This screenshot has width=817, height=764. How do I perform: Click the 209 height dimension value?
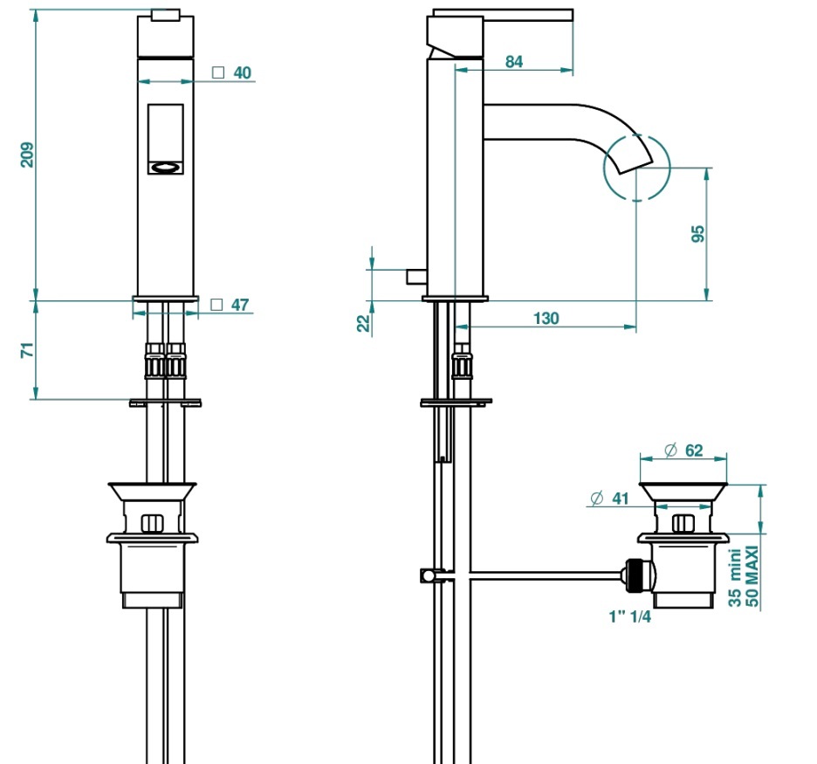click(27, 155)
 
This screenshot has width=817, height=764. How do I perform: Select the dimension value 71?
click(27, 350)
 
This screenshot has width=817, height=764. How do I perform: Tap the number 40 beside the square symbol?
click(243, 73)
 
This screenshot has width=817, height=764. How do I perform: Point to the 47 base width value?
click(240, 305)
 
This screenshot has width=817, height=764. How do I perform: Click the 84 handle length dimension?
click(514, 62)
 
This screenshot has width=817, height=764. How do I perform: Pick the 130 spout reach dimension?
click(546, 319)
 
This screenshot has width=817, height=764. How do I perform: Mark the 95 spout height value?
click(697, 233)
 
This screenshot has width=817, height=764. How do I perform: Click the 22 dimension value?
click(364, 324)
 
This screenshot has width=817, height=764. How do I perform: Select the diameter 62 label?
click(684, 451)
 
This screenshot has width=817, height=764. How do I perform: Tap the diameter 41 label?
click(609, 499)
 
